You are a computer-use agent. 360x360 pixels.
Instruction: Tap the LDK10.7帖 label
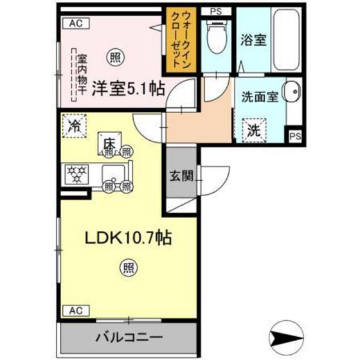[128, 239]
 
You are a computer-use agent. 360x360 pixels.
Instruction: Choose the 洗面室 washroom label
[259, 98]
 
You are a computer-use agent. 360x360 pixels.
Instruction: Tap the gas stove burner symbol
[76, 173]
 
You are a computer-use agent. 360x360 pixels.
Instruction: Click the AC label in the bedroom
[76, 22]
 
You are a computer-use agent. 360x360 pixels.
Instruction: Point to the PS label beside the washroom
[294, 136]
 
